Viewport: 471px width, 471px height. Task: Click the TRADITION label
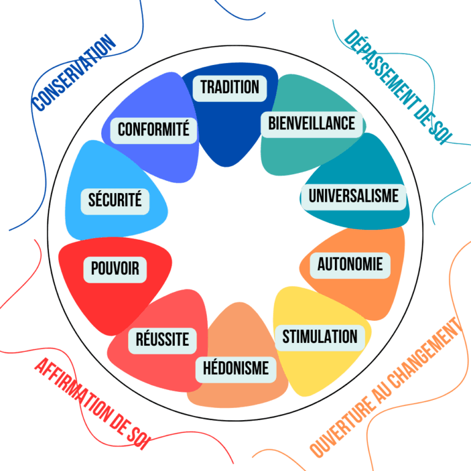pos(230,87)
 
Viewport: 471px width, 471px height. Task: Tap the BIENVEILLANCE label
pos(312,123)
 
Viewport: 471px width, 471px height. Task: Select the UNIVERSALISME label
pos(353,196)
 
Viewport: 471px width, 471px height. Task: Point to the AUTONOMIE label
pos(350,264)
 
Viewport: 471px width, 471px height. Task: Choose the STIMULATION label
pos(320,337)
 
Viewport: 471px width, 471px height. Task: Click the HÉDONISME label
pos(235,368)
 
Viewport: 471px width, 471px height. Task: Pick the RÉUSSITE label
pos(162,339)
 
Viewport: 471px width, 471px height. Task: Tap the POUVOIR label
pos(115,269)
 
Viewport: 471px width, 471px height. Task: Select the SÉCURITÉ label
pos(115,200)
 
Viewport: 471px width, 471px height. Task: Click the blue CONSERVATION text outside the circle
pos(74,74)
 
